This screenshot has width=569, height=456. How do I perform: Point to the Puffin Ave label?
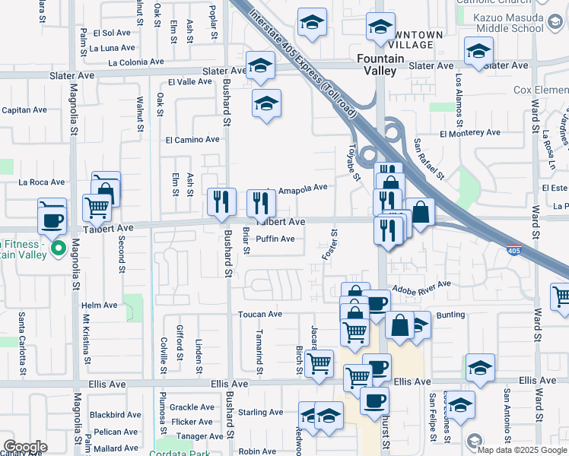(275, 239)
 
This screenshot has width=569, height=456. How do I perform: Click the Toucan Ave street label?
(259, 314)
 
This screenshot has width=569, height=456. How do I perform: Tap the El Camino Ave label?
(192, 140)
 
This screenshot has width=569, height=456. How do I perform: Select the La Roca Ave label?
(42, 182)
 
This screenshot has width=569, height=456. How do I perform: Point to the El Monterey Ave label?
(469, 132)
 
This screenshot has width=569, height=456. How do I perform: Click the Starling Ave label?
(260, 413)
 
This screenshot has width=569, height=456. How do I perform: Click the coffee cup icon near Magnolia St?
(52, 220)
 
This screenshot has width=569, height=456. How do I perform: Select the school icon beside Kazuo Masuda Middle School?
(477, 52)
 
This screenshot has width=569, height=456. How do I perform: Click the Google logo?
(24, 447)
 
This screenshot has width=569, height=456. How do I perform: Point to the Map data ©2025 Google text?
(523, 450)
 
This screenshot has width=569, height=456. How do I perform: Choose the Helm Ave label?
(100, 306)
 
